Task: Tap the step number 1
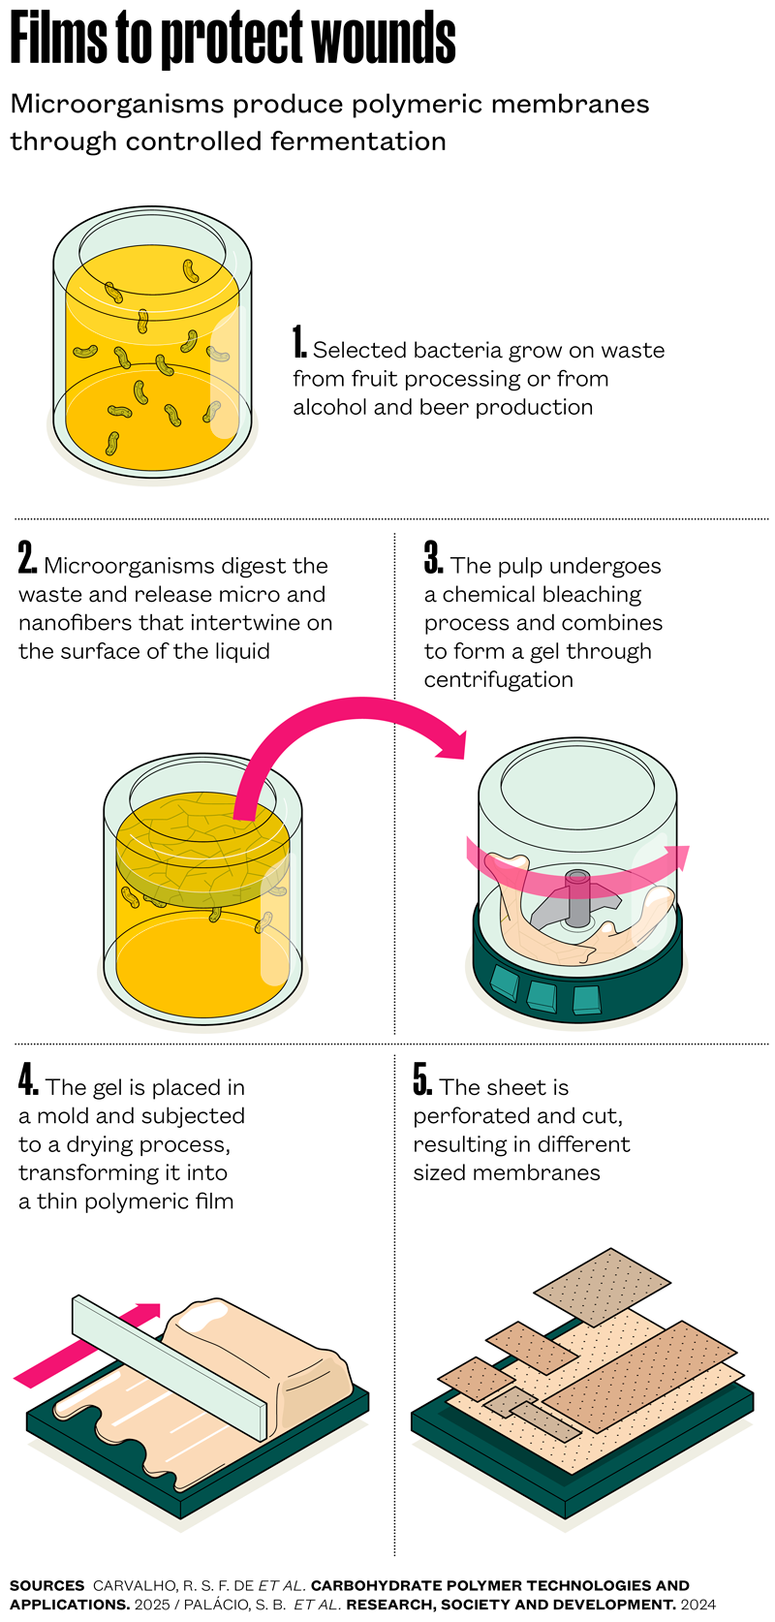(299, 342)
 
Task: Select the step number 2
(27, 558)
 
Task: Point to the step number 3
(434, 558)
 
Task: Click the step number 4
(28, 1080)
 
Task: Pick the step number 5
(423, 1080)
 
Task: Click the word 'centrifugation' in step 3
(498, 680)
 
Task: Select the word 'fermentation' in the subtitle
(358, 141)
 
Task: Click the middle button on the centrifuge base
(542, 996)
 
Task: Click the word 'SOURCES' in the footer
(47, 1586)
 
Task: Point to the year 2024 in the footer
(698, 1606)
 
